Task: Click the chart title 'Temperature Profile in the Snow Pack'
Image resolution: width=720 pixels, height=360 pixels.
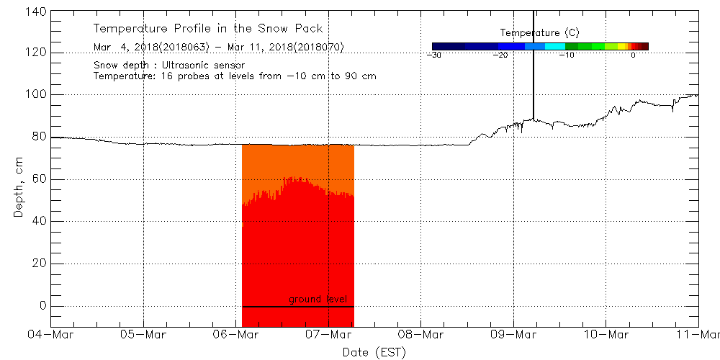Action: point(208,29)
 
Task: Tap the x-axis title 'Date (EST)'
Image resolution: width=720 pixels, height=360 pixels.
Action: point(374,352)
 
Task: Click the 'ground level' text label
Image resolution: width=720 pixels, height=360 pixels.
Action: point(318,299)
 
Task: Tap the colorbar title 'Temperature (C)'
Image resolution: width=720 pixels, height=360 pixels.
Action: point(539,33)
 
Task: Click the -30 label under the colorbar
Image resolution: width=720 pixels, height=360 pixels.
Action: point(433,55)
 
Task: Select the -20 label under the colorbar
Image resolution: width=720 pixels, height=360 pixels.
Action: point(500,55)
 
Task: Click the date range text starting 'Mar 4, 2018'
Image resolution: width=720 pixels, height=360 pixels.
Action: point(219,48)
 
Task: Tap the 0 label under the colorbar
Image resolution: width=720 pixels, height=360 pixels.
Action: point(632,55)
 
